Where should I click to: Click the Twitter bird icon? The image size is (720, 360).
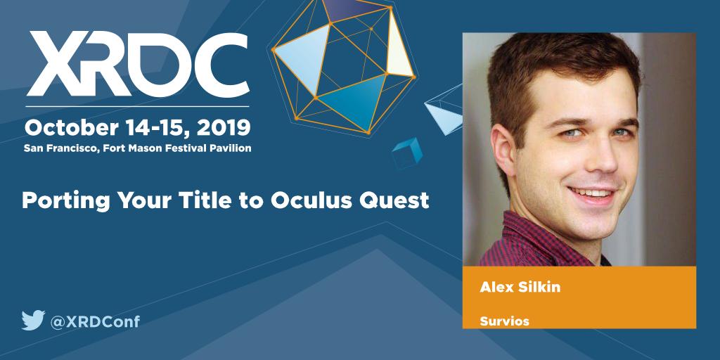pos(32,321)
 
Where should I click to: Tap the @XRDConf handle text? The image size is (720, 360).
pos(95,321)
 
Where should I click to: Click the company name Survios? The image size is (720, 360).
pos(503,321)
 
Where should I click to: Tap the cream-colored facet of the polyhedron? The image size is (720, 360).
pos(398,53)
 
